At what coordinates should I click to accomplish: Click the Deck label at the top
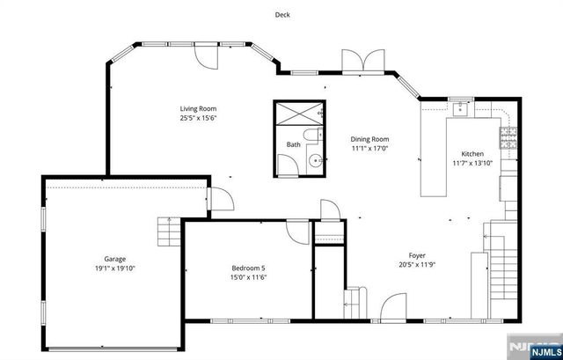[x=281, y=15]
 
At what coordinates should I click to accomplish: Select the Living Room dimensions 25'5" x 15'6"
[x=198, y=117]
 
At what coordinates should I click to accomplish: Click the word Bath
[x=293, y=145]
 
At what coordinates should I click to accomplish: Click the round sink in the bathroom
[x=314, y=161]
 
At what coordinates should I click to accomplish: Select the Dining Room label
[x=369, y=139]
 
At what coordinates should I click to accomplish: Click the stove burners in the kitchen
[x=508, y=136]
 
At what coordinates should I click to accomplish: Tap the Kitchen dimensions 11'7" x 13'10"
[x=473, y=163]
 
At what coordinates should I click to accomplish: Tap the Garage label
[x=114, y=259]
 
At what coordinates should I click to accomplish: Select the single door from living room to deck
[x=206, y=59]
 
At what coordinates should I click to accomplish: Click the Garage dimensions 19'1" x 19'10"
[x=114, y=268]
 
